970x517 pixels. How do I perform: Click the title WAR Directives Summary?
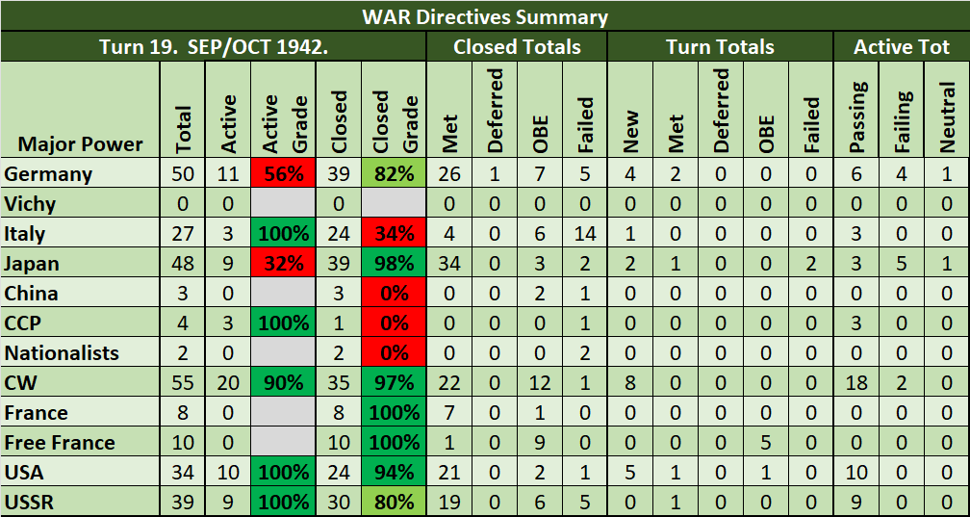[x=485, y=16]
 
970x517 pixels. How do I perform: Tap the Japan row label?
[x=32, y=264]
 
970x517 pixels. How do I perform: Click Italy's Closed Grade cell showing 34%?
[x=392, y=234]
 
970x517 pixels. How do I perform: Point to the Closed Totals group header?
[x=517, y=46]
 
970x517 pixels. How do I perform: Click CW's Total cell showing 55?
[x=184, y=383]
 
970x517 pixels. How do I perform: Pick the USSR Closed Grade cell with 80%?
[x=392, y=503]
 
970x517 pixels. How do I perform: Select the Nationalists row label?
[x=62, y=353]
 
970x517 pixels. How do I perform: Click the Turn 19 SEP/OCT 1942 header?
[x=214, y=46]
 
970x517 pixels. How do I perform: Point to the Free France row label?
[x=60, y=443]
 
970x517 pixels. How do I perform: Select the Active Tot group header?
[x=902, y=46]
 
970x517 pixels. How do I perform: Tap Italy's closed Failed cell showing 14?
[x=584, y=234]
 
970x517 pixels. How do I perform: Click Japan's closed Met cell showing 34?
[x=449, y=264]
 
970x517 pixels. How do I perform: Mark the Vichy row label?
[x=30, y=204]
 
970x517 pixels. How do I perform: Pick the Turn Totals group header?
[x=720, y=46]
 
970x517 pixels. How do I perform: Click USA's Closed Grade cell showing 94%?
[x=392, y=473]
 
